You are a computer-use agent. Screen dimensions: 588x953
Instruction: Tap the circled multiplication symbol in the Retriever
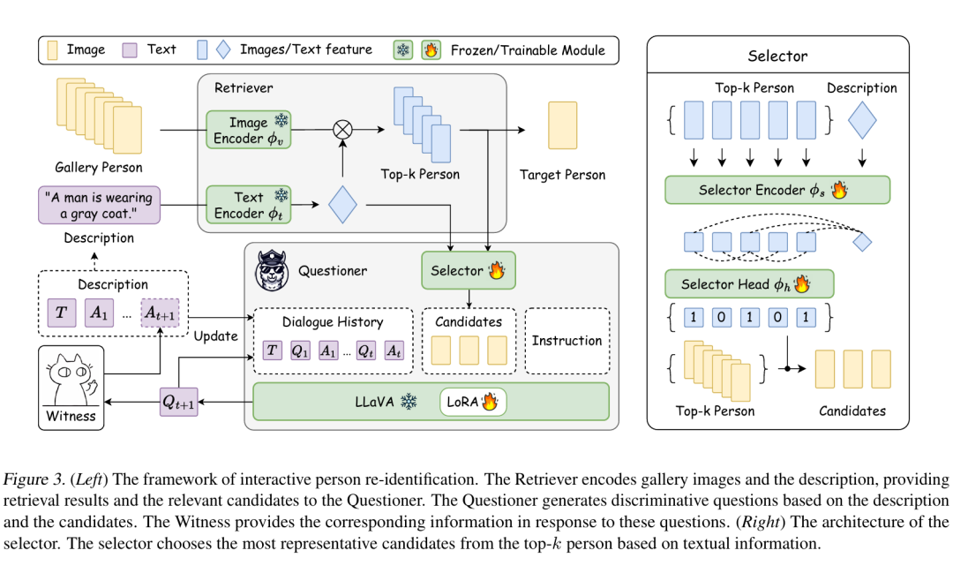pyautogui.click(x=341, y=130)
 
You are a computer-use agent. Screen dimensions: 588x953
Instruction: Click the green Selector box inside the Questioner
pyautogui.click(x=468, y=270)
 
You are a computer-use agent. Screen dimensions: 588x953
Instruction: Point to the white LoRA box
pyautogui.click(x=473, y=402)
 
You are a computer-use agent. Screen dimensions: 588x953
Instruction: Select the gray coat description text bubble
pyautogui.click(x=99, y=206)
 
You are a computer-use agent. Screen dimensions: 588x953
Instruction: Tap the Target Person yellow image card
pyautogui.click(x=563, y=125)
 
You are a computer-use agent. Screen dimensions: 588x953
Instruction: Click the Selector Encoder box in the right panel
pyautogui.click(x=777, y=190)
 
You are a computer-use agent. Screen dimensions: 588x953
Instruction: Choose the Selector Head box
pyautogui.click(x=748, y=284)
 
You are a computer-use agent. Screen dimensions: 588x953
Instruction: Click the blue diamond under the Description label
pyautogui.click(x=861, y=121)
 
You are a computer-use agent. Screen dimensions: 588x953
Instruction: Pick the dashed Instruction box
pyautogui.click(x=567, y=341)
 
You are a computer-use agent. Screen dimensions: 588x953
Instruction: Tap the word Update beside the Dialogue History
pyautogui.click(x=215, y=335)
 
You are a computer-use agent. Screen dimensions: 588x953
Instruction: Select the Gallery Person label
pyautogui.click(x=98, y=168)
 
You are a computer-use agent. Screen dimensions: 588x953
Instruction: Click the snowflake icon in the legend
pyautogui.click(x=403, y=50)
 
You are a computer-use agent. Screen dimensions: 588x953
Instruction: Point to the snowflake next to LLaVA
pyautogui.click(x=409, y=402)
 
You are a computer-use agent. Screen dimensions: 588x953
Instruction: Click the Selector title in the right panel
pyautogui.click(x=777, y=56)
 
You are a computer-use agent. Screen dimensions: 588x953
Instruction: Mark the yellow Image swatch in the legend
pyautogui.click(x=52, y=49)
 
